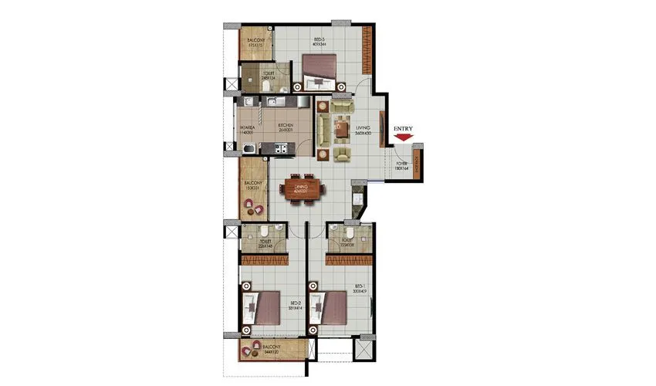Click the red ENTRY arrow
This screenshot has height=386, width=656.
(x=403, y=138)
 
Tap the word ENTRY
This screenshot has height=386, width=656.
(x=403, y=128)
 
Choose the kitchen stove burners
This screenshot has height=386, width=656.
(x=276, y=101)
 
